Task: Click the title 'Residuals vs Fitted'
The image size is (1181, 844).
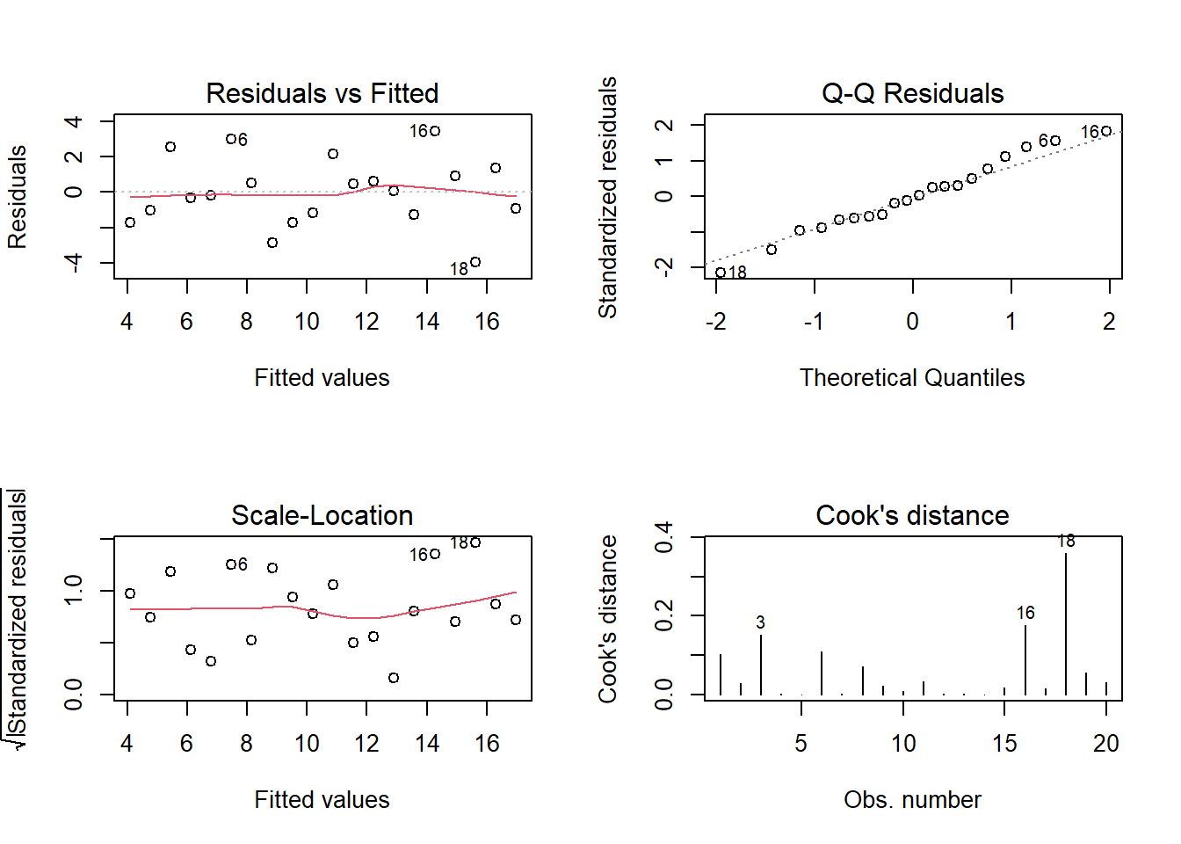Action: coord(322,93)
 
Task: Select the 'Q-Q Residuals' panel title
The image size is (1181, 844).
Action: coord(912,93)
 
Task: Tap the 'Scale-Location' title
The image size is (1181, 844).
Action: coord(322,515)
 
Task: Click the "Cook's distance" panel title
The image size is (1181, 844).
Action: coord(912,515)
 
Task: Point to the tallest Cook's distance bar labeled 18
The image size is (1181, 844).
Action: coord(1066,624)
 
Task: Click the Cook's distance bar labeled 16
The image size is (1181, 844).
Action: coord(1025,659)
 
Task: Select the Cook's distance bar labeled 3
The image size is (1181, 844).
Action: coord(761,664)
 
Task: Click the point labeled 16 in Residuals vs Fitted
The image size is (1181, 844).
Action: coord(435,131)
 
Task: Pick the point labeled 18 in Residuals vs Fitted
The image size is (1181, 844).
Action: coord(475,262)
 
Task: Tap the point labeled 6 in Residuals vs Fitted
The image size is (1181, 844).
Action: coord(230,139)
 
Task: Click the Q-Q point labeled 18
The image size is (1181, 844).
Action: coord(721,273)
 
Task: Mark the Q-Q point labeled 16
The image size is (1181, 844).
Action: coord(1106,131)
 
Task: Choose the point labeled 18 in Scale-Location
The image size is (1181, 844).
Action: coord(475,542)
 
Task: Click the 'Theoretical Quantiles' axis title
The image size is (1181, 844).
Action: coord(912,378)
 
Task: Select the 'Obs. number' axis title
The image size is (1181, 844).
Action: coord(912,800)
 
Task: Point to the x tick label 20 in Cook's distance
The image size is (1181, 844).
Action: coord(1106,744)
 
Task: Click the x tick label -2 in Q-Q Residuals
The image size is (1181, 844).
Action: coord(716,322)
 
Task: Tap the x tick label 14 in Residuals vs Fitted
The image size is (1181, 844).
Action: coord(427,322)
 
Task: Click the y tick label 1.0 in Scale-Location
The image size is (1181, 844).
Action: coord(74,589)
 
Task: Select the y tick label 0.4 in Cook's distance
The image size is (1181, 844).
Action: coord(664,536)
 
